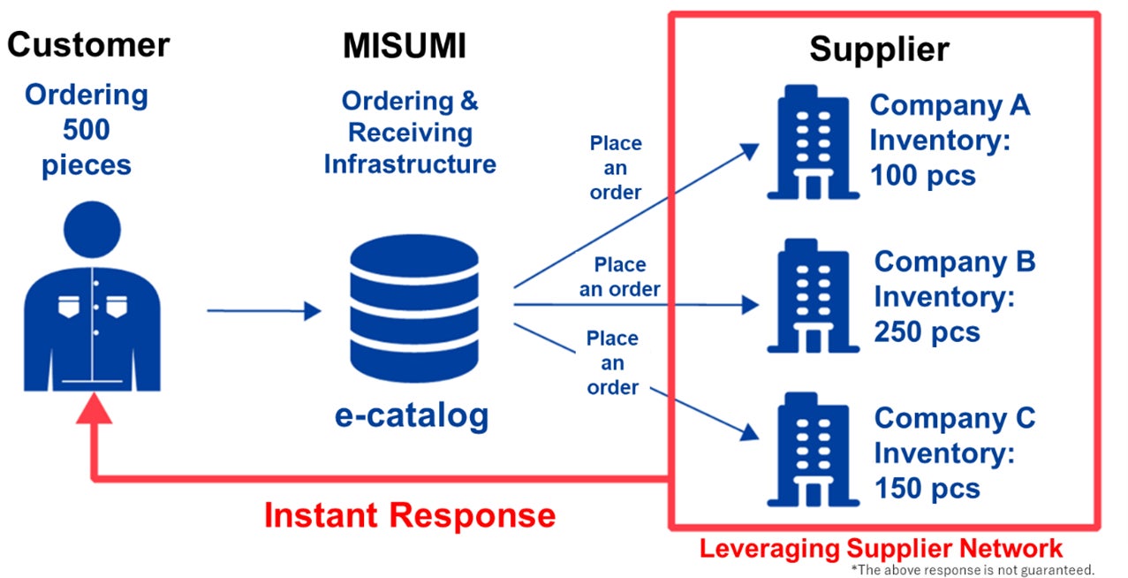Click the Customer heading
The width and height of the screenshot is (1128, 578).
[x=88, y=44]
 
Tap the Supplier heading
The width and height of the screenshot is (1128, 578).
[x=879, y=49]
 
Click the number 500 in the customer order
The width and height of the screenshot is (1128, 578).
[x=86, y=130]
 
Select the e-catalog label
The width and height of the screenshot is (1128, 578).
[x=411, y=414]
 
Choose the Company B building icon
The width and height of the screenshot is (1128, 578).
[x=809, y=296]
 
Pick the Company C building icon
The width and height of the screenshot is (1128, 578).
[x=809, y=452]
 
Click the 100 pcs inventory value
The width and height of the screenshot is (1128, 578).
[x=923, y=175]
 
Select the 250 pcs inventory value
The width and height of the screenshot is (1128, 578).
[x=927, y=331]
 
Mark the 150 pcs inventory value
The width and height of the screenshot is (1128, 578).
[x=927, y=488]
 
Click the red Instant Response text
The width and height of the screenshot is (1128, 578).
[x=410, y=515]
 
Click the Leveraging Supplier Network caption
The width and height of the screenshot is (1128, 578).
[x=881, y=548]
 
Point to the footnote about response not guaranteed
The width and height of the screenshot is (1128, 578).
[x=973, y=569]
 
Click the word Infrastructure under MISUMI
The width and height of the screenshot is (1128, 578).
[x=410, y=164]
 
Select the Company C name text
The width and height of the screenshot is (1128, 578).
[x=954, y=418]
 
